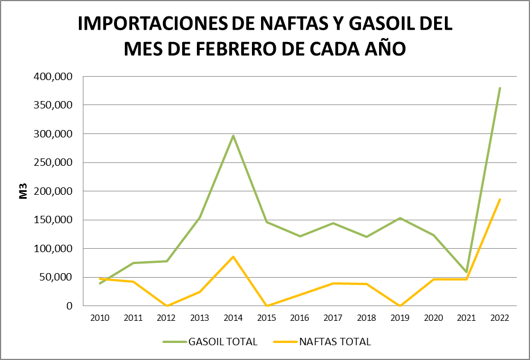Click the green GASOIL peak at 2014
pyautogui.click(x=233, y=135)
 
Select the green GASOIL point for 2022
pyautogui.click(x=500, y=87)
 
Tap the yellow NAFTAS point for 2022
pyautogui.click(x=500, y=199)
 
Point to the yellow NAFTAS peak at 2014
pyautogui.click(x=233, y=257)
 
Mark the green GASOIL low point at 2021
pyautogui.click(x=466, y=272)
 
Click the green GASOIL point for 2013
pyautogui.click(x=200, y=217)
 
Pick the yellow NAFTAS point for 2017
pyautogui.click(x=333, y=283)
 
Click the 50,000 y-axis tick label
pyautogui.click(x=57, y=277)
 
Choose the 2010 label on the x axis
pyautogui.click(x=100, y=317)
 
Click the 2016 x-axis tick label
pyautogui.click(x=300, y=317)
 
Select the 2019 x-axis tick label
pyautogui.click(x=399, y=317)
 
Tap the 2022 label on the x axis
pyautogui.click(x=500, y=317)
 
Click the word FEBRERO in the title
pyautogui.click(x=237, y=49)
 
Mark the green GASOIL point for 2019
pyautogui.click(x=399, y=218)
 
